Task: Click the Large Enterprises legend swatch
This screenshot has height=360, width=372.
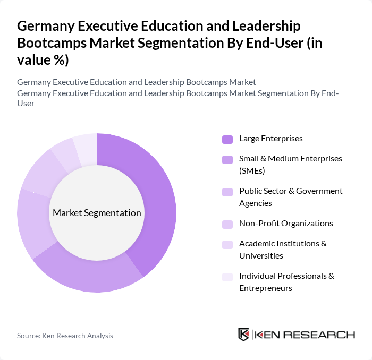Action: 227,139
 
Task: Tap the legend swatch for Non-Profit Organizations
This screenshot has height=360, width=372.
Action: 227,224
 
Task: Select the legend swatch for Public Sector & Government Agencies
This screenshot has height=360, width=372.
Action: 227,192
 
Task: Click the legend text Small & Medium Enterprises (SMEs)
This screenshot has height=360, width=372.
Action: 290,165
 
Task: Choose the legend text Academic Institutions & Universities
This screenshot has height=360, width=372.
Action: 283,250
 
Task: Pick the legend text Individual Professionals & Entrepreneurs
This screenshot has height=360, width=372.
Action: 286,282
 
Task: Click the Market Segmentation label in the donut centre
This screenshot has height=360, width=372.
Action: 97,213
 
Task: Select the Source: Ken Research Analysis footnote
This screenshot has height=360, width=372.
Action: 65,336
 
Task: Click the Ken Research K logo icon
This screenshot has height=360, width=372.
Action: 243,335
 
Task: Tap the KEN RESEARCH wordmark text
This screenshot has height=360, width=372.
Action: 305,335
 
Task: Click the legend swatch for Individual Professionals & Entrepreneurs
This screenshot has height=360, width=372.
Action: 227,277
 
